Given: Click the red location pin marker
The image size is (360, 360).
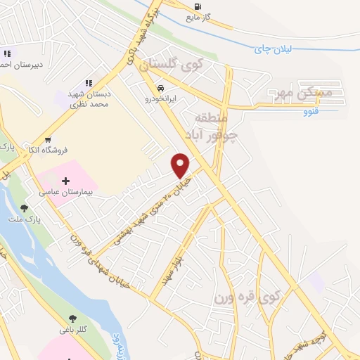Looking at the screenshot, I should point(181,165).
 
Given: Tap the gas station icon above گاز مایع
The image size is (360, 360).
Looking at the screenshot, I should point(197,7).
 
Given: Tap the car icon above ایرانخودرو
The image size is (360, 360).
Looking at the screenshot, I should point(161,89).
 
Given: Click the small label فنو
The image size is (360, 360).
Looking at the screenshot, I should point(311,111).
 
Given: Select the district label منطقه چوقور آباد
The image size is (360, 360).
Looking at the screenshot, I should point(210,126).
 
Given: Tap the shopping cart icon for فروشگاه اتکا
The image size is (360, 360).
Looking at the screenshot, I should point(48,139).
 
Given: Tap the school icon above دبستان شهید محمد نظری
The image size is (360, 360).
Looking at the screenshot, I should point(89,84).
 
